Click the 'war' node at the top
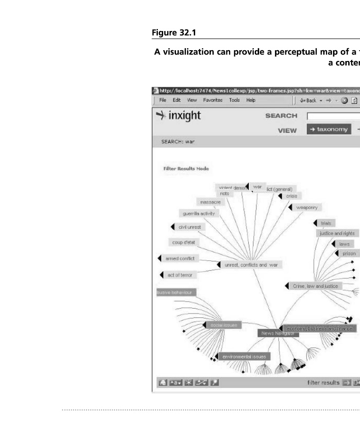257,187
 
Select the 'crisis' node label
292,196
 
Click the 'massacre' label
210,202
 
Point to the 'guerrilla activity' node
199,214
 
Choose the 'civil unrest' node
189,227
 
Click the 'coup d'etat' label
183,243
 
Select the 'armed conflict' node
180,258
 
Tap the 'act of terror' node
180,275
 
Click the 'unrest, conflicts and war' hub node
251,265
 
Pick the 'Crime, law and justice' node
315,286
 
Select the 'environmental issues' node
244,356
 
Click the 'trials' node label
326,223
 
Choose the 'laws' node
344,244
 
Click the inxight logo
179,116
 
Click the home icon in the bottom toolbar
162,382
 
